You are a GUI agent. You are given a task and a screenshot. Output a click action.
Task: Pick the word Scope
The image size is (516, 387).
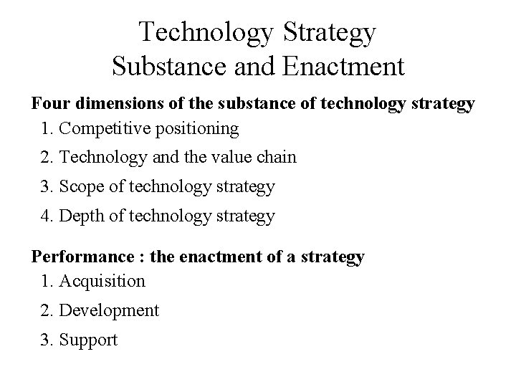point(82,187)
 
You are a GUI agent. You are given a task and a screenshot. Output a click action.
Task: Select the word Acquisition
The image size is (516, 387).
point(102,282)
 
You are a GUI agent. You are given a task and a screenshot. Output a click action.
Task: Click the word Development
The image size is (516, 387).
point(110,311)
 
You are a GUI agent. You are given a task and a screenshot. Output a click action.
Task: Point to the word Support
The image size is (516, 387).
point(88,340)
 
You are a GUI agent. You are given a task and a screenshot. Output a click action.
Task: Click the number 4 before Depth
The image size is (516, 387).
point(47,216)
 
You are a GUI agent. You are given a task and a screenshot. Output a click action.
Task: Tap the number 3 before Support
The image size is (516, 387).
point(47,340)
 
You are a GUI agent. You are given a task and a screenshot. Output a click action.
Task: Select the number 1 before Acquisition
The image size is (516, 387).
point(47,282)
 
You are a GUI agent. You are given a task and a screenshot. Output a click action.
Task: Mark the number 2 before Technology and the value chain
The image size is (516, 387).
point(47,157)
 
